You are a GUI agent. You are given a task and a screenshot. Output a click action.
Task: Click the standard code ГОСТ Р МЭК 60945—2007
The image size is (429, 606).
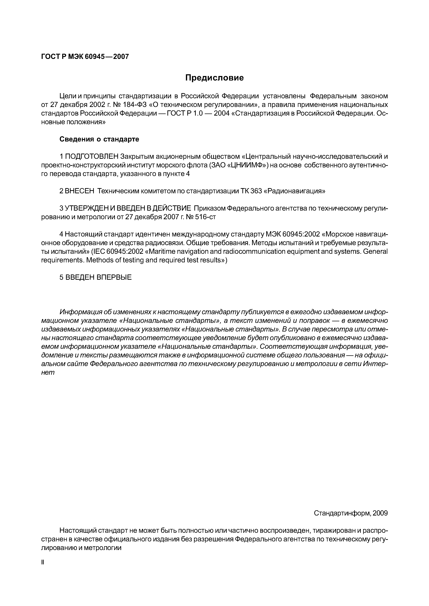click(x=85, y=56)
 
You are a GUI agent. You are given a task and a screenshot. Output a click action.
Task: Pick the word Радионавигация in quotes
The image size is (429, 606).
click(x=295, y=191)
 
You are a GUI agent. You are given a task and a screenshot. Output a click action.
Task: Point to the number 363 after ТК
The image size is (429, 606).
click(x=256, y=191)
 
